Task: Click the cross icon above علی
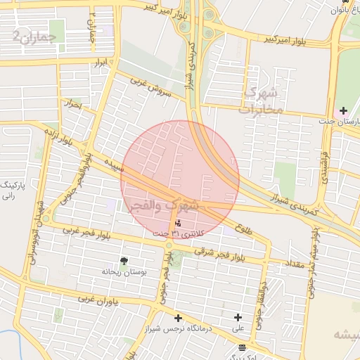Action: point(238,318)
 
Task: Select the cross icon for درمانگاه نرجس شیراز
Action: point(178,318)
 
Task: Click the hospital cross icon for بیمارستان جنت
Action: point(343,110)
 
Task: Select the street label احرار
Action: point(71,105)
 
